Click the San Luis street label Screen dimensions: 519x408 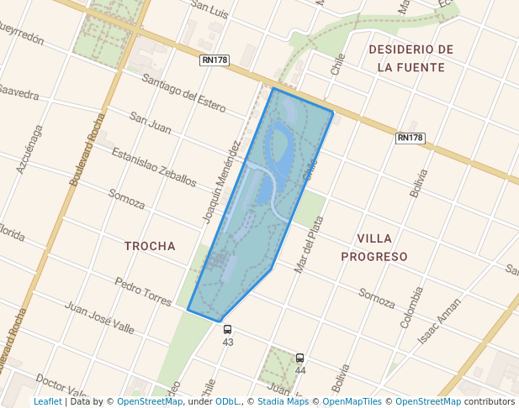[210, 7]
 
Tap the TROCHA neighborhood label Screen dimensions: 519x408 [150, 246]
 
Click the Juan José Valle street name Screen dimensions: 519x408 [99, 317]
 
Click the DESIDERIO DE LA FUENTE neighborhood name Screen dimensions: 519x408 [411, 58]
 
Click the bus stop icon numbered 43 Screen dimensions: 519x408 [228, 330]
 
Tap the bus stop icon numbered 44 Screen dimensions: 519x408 [300, 358]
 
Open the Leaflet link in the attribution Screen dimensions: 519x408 [47, 401]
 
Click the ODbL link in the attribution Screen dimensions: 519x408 [227, 401]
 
